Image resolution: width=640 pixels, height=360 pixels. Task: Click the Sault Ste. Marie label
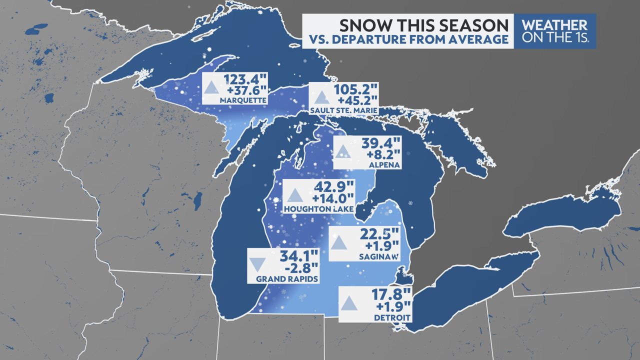coord(342,110)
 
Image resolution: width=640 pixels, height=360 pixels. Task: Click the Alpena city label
coord(380,163)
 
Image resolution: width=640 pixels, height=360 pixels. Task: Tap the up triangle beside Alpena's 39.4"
coord(343,152)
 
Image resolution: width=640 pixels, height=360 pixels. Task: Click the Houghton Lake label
coord(318,208)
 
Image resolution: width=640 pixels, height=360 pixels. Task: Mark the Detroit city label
coord(391,317)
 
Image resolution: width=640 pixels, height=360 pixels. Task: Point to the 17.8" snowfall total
coord(390,295)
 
